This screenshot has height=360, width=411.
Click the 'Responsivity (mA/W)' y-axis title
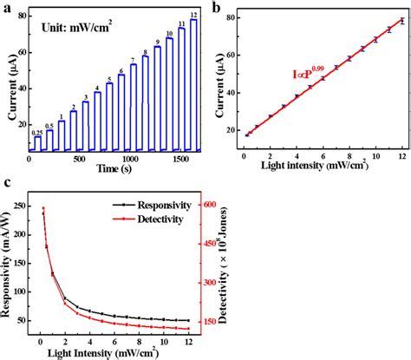tap(9, 269)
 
